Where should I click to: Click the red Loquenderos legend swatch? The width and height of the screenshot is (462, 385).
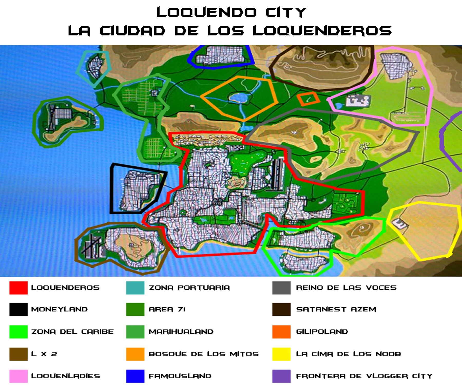(x=18, y=288)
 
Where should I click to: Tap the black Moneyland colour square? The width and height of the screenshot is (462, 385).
(x=18, y=309)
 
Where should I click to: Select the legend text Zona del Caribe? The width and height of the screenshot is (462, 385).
(x=72, y=332)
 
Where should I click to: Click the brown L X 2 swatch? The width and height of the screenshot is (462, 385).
(x=18, y=354)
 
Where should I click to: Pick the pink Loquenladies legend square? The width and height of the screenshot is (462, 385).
(x=18, y=376)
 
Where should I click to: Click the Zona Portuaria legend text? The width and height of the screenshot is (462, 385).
(x=189, y=288)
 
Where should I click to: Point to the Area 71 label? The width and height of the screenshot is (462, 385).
(x=167, y=309)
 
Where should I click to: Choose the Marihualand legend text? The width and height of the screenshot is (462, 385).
(x=181, y=332)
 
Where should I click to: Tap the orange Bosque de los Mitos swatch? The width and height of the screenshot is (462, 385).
(x=135, y=354)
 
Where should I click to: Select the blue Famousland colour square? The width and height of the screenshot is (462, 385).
(x=135, y=376)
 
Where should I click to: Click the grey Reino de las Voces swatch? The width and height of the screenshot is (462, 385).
(x=282, y=288)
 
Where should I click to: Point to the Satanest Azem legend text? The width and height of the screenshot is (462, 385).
(x=336, y=309)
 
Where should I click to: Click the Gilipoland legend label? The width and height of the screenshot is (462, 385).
(x=322, y=332)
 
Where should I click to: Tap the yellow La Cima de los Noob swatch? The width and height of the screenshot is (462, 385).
(x=282, y=354)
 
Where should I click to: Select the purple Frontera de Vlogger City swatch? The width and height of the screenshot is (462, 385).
(x=282, y=376)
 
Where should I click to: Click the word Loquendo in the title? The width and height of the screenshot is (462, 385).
(x=206, y=12)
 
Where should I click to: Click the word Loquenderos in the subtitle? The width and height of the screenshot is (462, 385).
(x=322, y=31)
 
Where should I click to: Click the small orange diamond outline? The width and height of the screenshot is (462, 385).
(x=308, y=99)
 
